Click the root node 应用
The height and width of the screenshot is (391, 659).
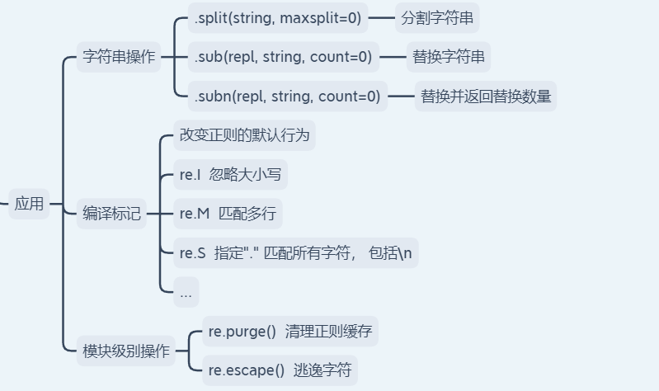(x=29, y=204)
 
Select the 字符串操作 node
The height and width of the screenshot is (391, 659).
(x=120, y=58)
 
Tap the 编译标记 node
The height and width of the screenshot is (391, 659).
(x=112, y=214)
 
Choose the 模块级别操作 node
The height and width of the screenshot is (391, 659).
(x=126, y=351)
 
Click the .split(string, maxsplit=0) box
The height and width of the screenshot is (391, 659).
(x=278, y=17)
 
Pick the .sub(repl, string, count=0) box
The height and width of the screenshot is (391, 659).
(x=283, y=58)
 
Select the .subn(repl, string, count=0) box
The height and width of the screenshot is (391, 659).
(x=287, y=97)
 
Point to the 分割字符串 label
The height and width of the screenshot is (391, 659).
(x=437, y=17)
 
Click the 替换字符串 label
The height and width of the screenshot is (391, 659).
(x=449, y=58)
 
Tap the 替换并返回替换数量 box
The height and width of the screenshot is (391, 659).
(x=485, y=97)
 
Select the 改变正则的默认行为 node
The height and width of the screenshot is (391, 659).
(x=244, y=134)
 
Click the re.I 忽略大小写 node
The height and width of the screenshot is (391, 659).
(x=230, y=174)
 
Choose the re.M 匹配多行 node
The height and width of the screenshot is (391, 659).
(x=228, y=214)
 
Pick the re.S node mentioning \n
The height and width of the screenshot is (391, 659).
(x=295, y=252)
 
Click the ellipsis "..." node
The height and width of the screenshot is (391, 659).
(x=186, y=291)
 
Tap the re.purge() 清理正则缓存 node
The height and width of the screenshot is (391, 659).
(x=289, y=332)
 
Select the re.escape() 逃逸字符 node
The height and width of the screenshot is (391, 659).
(x=280, y=370)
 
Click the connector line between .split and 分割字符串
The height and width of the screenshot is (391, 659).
(x=381, y=17)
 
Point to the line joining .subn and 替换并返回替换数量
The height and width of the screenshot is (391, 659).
(x=401, y=97)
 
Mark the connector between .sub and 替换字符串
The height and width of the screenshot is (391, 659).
(x=393, y=58)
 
